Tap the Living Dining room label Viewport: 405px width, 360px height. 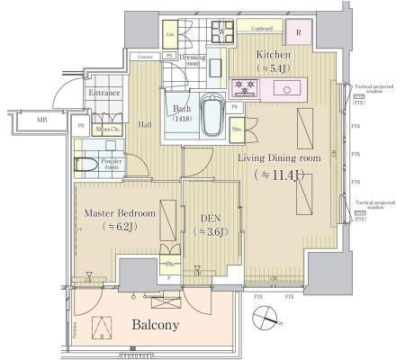[278, 157]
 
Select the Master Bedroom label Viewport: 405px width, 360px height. [119, 213]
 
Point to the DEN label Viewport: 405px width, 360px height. [209, 217]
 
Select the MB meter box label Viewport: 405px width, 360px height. [41, 118]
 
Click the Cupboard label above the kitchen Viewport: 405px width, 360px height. [261, 28]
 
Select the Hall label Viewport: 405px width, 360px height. [145, 126]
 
